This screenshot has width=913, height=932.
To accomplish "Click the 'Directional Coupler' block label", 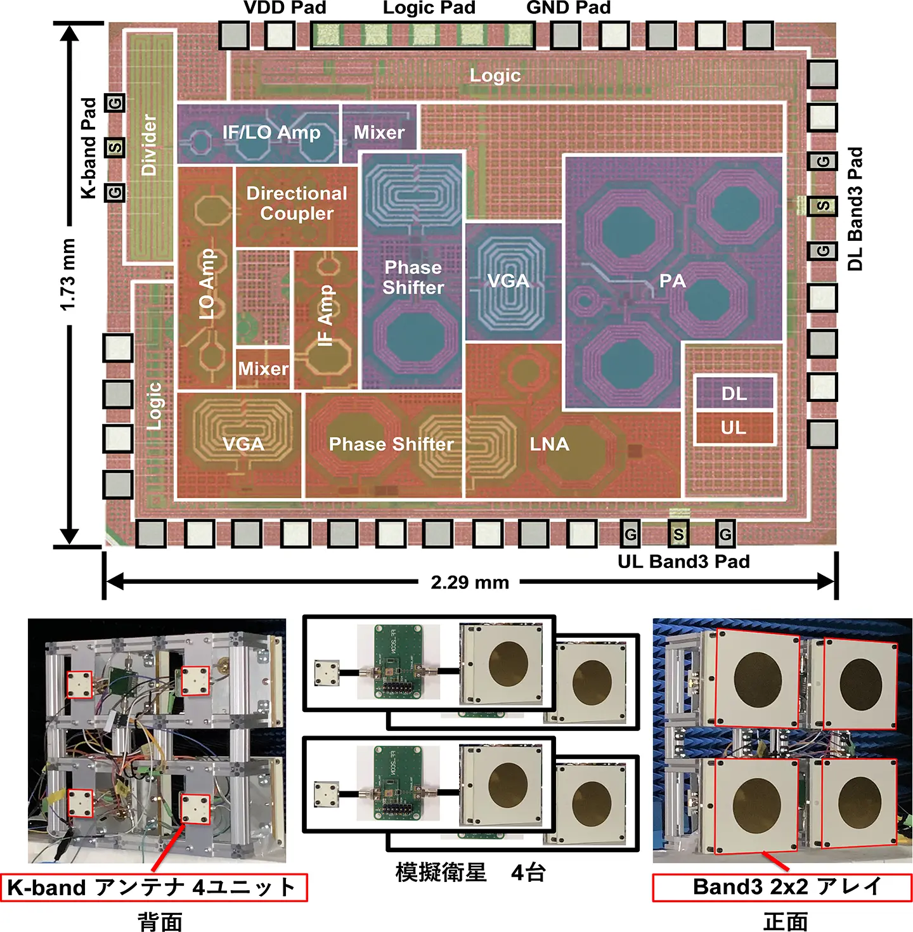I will tap(297, 203).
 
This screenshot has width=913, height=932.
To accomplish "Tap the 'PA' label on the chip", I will tap(672, 281).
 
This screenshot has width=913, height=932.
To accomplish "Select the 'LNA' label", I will tap(549, 444).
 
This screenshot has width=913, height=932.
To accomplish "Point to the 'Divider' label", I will tap(149, 145).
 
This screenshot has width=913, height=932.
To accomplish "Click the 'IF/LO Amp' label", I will tap(271, 133).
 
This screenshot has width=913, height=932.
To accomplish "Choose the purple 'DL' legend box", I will tap(734, 394).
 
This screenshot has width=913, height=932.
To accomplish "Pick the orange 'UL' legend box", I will tap(734, 428).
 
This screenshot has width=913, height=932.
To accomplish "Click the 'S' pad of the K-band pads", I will tap(115, 148).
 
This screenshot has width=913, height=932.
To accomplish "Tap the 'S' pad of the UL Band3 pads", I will tap(678, 534).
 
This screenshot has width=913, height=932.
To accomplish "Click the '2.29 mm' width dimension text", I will tap(470, 582).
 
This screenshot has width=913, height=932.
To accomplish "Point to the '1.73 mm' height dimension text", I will tap(68, 274).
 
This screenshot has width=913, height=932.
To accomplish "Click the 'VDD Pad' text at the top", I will tap(285, 8).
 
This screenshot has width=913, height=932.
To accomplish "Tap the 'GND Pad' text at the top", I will tap(568, 8).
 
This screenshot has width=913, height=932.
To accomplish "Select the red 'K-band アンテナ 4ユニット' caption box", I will tap(154, 887).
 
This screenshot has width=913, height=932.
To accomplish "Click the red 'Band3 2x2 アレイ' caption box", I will tap(782, 887).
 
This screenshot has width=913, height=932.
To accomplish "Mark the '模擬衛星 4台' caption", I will tap(470, 873).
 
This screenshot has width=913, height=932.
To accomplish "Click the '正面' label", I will tap(785, 921).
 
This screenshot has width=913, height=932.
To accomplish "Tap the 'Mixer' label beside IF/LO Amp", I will tap(379, 133).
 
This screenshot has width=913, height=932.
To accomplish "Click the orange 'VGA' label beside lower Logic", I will tap(243, 444).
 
